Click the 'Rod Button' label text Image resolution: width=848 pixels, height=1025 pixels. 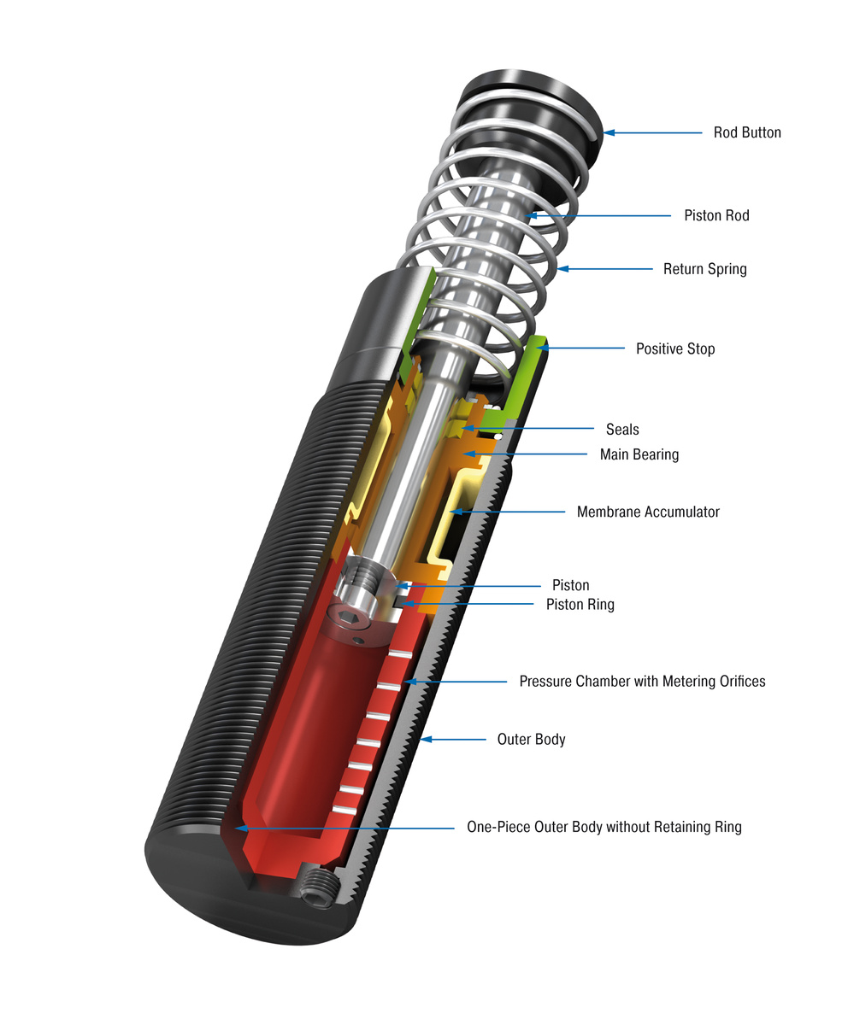746,132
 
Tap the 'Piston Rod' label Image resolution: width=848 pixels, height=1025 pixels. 715,215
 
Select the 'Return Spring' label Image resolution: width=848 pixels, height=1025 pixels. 704,269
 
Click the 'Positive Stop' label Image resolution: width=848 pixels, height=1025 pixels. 674,348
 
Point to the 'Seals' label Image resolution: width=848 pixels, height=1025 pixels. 621,429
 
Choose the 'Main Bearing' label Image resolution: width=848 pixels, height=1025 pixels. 639,454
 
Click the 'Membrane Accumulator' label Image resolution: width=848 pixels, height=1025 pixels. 647,512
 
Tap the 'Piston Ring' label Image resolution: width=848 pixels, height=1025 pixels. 580,605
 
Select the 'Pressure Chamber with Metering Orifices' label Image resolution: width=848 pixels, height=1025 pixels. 642,681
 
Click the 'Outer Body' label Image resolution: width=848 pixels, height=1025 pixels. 531,739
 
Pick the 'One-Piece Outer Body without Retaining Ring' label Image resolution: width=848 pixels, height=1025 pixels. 604,827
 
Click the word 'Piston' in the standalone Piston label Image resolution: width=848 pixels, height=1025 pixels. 570,585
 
